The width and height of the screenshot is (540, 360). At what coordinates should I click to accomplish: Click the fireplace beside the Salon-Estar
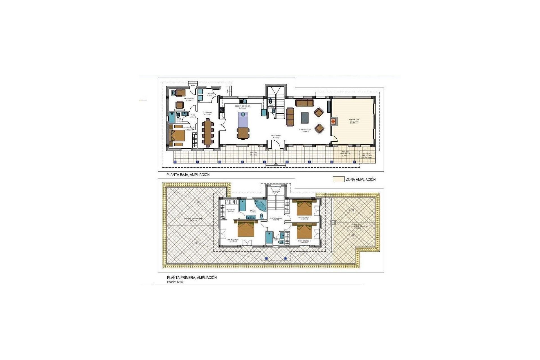coord(333,121)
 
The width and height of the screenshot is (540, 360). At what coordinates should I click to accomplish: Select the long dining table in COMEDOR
coord(208,132)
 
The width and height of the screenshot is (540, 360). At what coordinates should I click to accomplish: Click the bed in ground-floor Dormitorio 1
coord(177,136)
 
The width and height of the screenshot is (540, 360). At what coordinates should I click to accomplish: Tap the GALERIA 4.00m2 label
coord(210,94)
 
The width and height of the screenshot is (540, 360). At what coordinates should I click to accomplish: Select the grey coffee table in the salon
coord(305,118)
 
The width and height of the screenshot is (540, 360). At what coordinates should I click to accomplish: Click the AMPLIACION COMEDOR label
coord(354,121)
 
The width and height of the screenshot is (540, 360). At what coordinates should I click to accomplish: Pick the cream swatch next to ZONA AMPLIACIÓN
coord(338,179)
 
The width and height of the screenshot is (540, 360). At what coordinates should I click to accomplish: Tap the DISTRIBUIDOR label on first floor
coord(276,219)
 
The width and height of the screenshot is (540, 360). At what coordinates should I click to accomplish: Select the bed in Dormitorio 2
coord(246,228)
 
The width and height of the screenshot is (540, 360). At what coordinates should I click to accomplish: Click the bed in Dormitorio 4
coord(304,231)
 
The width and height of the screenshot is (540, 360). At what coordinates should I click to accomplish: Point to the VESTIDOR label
coord(231,210)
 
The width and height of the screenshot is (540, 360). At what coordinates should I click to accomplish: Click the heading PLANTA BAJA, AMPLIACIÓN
coord(188,175)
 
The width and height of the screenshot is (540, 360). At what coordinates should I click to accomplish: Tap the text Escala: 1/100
coord(175,282)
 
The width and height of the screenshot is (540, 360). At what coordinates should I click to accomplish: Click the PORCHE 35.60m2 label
coord(254,154)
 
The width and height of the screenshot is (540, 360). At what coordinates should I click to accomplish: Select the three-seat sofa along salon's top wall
coord(304,102)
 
